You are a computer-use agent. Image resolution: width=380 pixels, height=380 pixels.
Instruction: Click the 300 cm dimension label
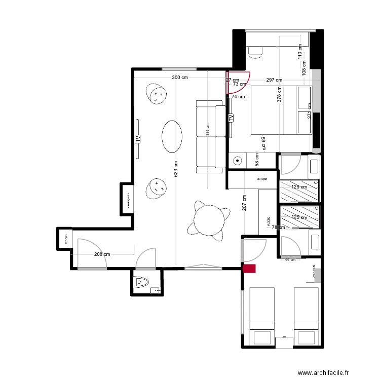(x=180, y=78)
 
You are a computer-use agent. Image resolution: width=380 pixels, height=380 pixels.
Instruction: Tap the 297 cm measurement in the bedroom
(x=274, y=80)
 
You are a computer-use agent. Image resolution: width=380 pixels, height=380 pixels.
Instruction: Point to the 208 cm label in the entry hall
(x=101, y=254)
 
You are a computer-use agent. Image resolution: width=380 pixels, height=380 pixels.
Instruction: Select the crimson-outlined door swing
(x=238, y=84)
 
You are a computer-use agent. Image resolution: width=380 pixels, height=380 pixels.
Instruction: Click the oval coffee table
(x=172, y=136)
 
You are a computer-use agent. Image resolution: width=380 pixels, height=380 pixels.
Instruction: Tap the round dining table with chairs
(x=210, y=219)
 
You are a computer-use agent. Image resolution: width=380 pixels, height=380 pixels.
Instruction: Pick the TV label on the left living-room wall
(x=137, y=138)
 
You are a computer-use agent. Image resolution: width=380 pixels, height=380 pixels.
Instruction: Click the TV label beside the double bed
(x=231, y=118)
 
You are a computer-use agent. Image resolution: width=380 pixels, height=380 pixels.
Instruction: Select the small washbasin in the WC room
(x=156, y=290)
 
